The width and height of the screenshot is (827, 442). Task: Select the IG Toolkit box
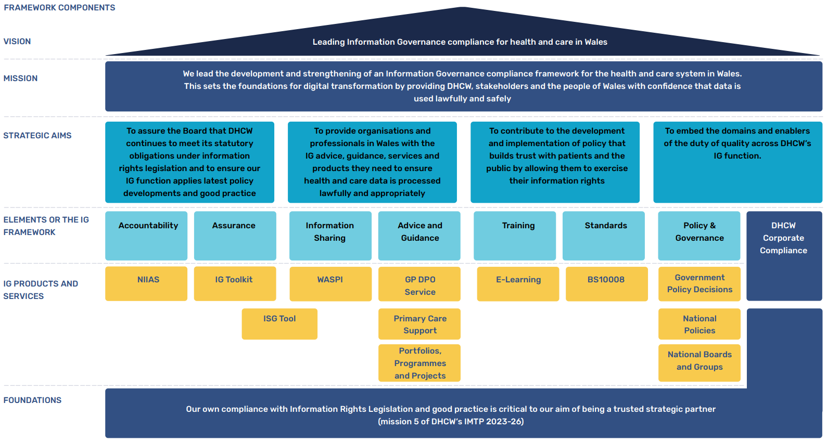[x=235, y=283]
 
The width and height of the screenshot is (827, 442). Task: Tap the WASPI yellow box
[x=330, y=283]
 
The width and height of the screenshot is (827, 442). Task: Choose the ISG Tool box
[x=279, y=323]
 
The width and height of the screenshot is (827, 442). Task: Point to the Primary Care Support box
[x=419, y=324]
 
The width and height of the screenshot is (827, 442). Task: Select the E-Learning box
[x=518, y=283]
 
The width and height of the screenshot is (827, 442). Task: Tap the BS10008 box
[x=606, y=283]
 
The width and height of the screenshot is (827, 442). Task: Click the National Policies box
[x=699, y=324]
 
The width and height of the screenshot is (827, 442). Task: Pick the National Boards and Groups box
[x=699, y=362]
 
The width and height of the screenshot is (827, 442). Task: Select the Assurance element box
[x=235, y=235]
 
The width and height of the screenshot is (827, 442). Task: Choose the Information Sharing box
[x=330, y=235]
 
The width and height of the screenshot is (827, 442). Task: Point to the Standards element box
[x=603, y=235]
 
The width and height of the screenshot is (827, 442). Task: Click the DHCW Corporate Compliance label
[x=783, y=238]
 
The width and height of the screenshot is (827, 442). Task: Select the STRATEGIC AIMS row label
[x=37, y=136]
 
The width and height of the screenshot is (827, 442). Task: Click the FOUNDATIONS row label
[x=32, y=400]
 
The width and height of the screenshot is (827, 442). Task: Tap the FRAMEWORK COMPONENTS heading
[x=59, y=8]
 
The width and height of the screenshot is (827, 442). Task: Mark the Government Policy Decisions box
[x=699, y=283]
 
